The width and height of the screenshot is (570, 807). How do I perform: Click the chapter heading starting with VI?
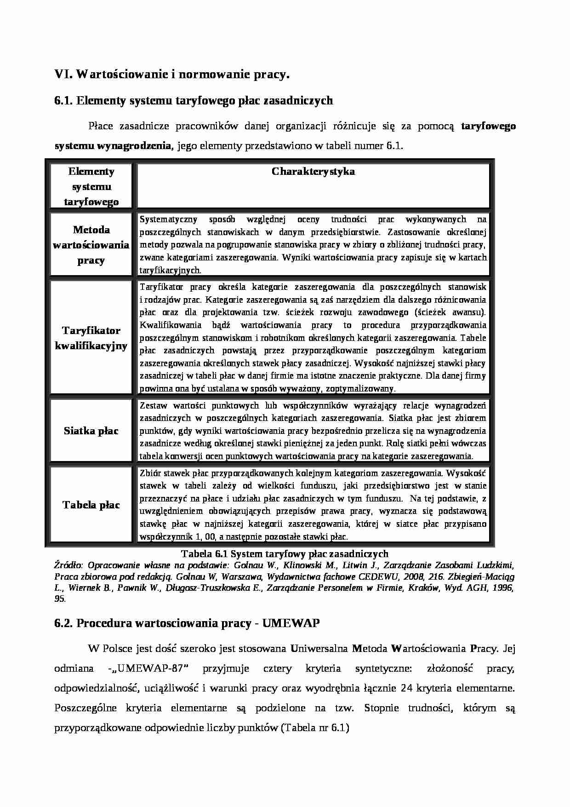point(172,75)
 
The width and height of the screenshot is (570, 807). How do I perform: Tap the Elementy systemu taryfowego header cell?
point(91,186)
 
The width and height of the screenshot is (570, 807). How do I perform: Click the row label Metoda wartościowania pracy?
point(91,245)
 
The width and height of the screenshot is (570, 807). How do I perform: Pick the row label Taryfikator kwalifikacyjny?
point(91,338)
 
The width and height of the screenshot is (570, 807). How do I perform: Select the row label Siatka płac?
point(91,431)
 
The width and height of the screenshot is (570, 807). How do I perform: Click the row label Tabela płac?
point(91,505)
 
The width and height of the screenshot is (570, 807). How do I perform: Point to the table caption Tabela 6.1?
point(285,554)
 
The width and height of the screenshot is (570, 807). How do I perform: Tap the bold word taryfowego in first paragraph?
point(488,127)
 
